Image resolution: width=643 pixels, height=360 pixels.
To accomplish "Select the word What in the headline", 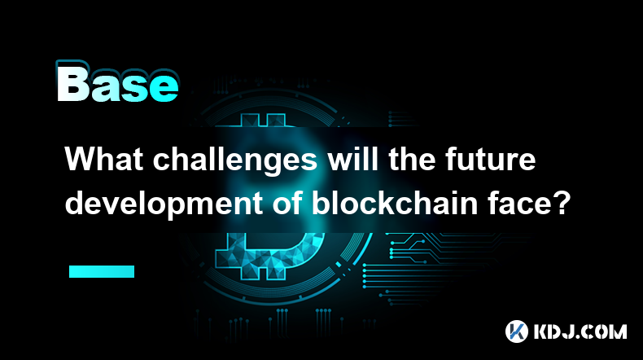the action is click(x=104, y=159).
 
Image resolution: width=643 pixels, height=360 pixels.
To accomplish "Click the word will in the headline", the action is click(x=352, y=159).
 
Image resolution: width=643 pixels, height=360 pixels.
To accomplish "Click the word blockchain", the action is click(x=395, y=203).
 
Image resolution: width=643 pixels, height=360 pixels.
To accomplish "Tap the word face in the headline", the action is click(x=518, y=203).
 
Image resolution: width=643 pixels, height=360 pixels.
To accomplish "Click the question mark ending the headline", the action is click(x=559, y=203).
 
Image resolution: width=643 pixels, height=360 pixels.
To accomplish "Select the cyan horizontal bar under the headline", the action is click(x=102, y=271).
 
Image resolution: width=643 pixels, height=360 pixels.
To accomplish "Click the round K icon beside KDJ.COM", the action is click(x=517, y=331).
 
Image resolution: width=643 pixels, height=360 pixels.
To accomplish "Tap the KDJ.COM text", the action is click(x=580, y=331).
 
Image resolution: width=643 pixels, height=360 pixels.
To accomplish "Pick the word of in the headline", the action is click(x=287, y=203).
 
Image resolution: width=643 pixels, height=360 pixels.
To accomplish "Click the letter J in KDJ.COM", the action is click(x=571, y=331).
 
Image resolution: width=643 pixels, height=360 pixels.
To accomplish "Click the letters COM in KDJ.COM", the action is click(x=606, y=331).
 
